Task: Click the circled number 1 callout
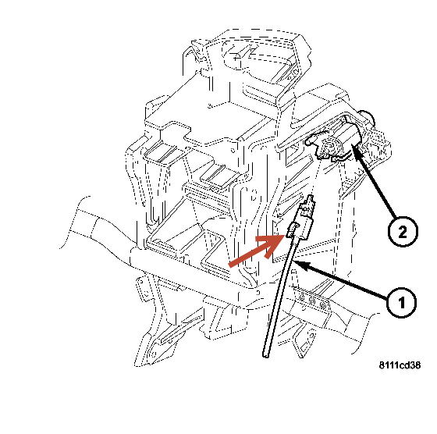click(400, 301)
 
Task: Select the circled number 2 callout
click(400, 230)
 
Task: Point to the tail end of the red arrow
click(232, 263)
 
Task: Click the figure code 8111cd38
click(399, 366)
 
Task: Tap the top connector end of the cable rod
click(310, 201)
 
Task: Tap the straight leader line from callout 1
click(343, 283)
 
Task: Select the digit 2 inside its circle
click(400, 230)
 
